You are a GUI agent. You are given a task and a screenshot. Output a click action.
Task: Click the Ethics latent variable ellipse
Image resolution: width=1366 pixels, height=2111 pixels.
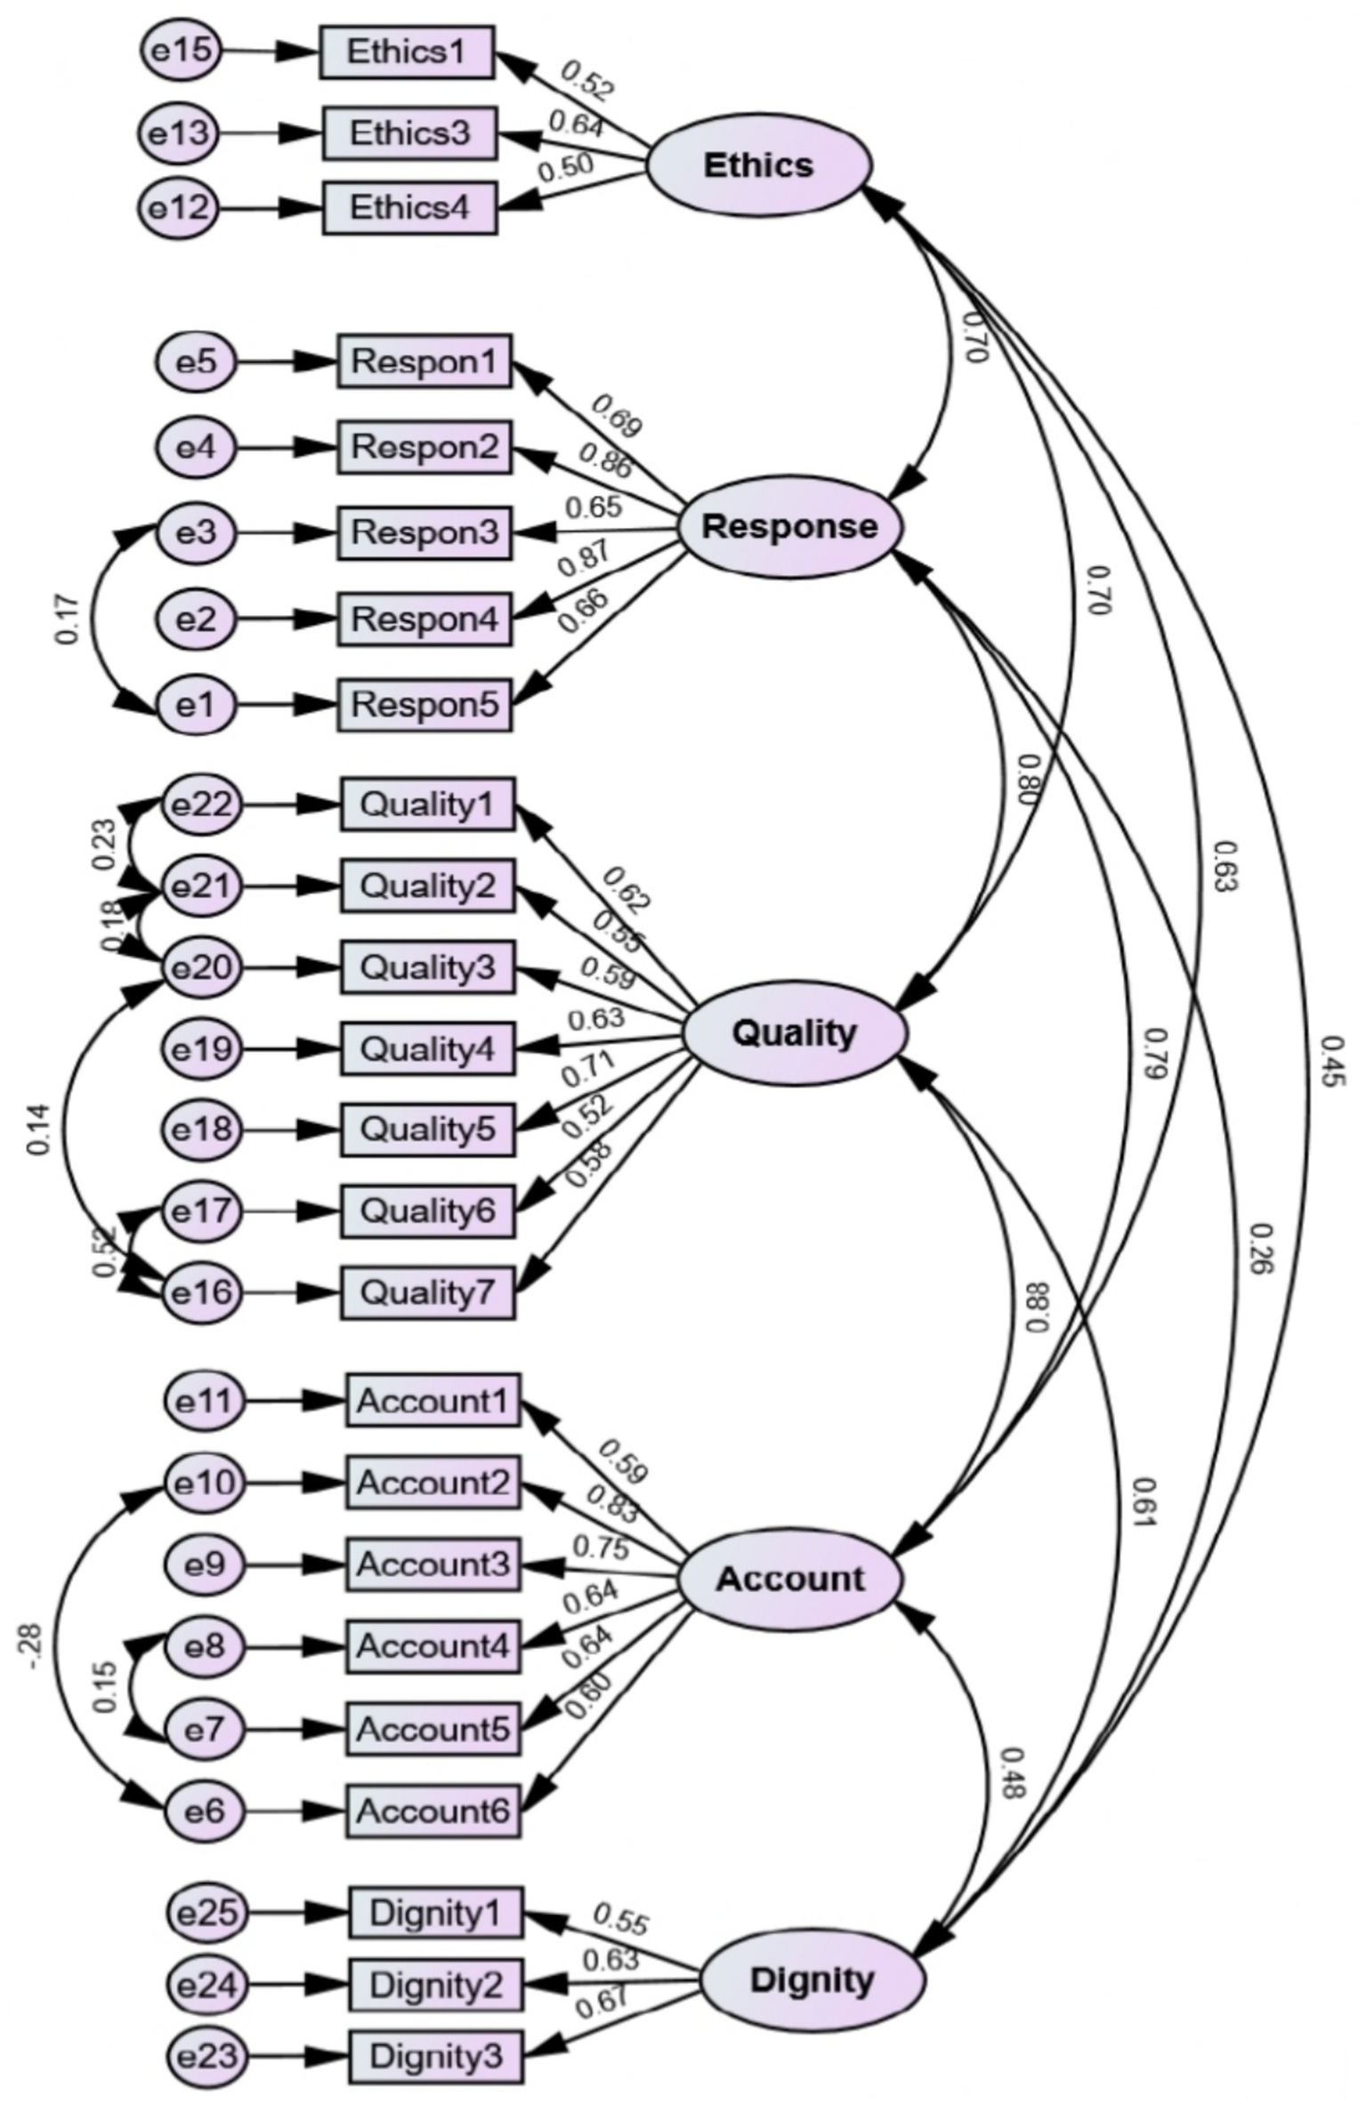point(758,166)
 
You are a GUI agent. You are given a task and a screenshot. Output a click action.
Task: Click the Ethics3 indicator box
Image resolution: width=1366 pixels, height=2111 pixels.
point(408,133)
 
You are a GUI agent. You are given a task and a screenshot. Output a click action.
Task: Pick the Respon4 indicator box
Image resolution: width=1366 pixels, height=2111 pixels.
point(424,619)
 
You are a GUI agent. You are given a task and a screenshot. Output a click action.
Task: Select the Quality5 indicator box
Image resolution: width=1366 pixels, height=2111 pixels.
point(427,1129)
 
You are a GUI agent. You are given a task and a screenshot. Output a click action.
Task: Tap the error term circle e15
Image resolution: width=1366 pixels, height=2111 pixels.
point(181,50)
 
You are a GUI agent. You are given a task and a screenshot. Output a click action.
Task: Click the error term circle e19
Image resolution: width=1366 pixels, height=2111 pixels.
point(202,1048)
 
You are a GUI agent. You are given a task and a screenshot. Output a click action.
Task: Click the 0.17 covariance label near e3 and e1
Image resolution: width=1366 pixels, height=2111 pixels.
point(69,619)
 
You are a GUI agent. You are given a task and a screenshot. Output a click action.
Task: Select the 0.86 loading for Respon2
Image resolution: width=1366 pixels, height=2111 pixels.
point(605,461)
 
